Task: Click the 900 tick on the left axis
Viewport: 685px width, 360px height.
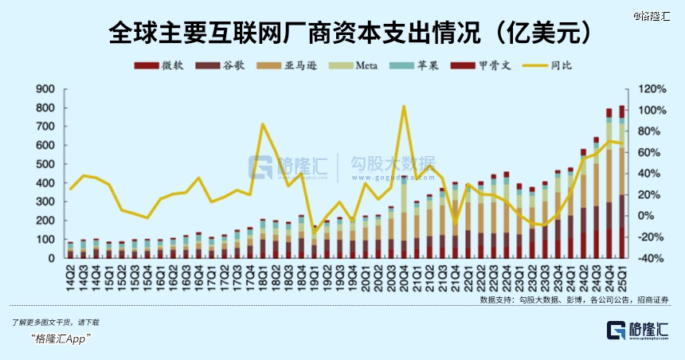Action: [45, 89]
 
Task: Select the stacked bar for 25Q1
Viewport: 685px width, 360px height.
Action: [621, 183]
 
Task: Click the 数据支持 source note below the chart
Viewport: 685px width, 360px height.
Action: [573, 299]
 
